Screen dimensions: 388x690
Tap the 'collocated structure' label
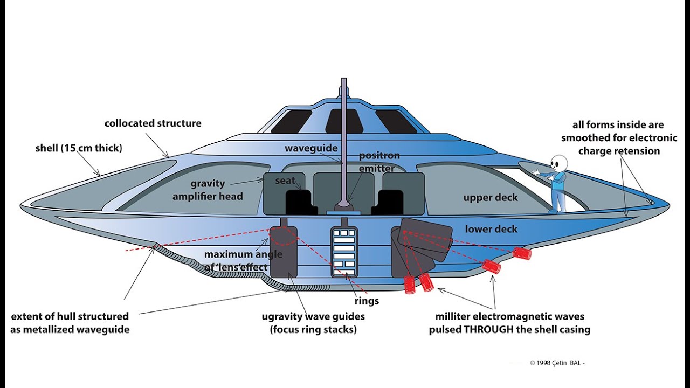pyautogui.click(x=153, y=123)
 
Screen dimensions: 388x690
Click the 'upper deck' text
pyautogui.click(x=490, y=198)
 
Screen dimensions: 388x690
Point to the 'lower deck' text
pyautogui.click(x=491, y=229)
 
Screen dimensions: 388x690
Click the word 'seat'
pyautogui.click(x=285, y=181)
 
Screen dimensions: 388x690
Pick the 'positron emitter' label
pyautogui.click(x=379, y=162)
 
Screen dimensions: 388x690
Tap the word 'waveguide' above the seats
pyautogui.click(x=311, y=148)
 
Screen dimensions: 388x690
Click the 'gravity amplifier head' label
pyautogui.click(x=208, y=190)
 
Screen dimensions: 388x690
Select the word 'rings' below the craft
pyautogui.click(x=366, y=301)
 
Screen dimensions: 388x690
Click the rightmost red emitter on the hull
pyautogui.click(x=521, y=253)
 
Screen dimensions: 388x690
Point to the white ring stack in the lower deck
pyautogui.click(x=344, y=250)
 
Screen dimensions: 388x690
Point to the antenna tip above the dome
pyautogui.click(x=343, y=81)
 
